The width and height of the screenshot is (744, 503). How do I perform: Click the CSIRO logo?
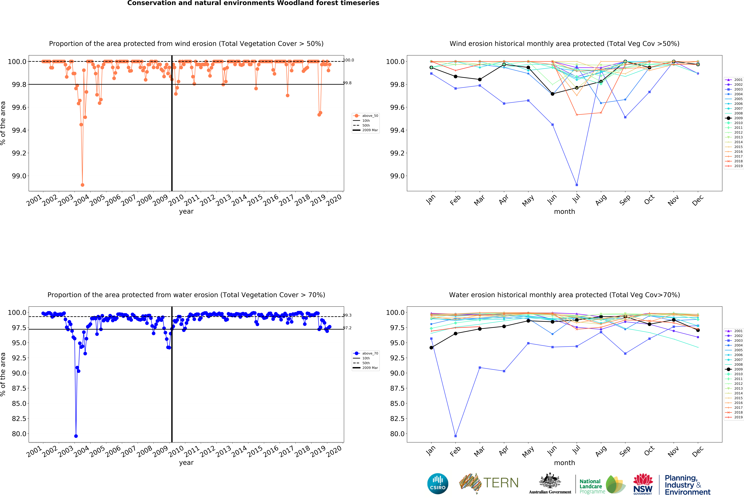(438, 483)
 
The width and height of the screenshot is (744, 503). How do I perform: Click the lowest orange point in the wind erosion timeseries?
(83, 185)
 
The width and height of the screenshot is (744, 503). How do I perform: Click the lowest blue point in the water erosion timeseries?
(76, 436)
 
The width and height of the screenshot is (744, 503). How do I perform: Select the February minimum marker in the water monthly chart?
(456, 436)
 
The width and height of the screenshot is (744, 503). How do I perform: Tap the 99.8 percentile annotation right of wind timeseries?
(347, 83)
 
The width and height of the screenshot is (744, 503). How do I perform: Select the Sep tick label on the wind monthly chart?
(625, 200)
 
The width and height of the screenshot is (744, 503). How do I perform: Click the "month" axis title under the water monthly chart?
(564, 463)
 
